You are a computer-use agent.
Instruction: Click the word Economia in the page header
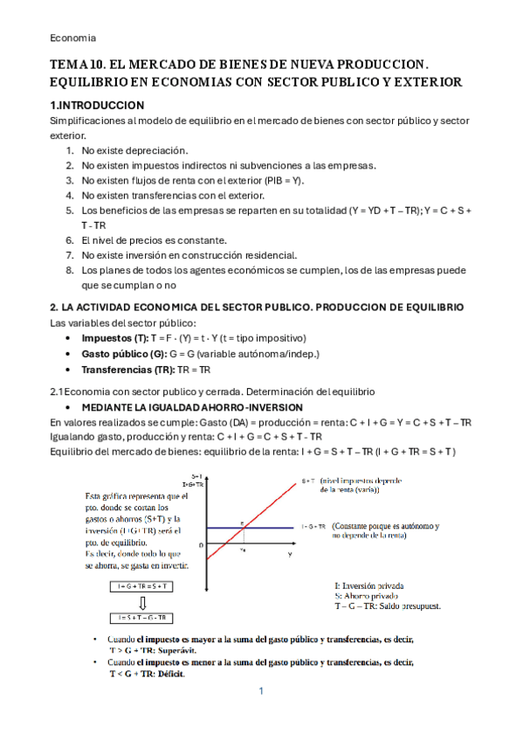coord(72,38)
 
